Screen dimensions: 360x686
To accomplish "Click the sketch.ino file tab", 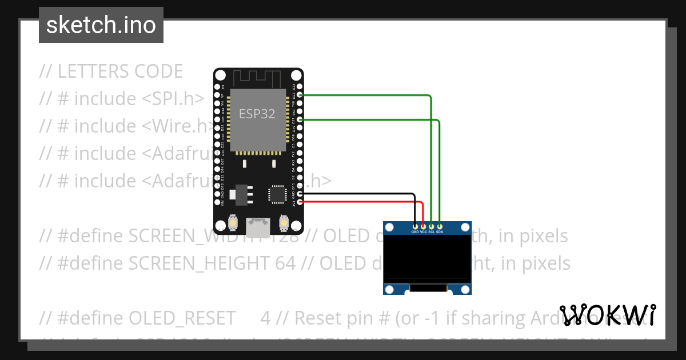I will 101,25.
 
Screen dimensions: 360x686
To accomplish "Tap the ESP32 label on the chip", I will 257,114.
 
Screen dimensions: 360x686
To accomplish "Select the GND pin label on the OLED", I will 415,232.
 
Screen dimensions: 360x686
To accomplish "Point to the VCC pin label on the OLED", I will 424,232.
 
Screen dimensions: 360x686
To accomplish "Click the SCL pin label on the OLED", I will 432,232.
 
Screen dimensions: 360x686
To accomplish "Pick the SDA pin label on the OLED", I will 440,232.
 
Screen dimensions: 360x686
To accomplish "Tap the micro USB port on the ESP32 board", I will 258,227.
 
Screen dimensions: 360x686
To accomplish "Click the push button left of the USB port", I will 233,222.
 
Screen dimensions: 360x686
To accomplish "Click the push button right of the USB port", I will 283,222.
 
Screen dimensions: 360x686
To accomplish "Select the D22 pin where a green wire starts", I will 300,95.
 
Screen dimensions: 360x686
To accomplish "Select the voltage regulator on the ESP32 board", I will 240,194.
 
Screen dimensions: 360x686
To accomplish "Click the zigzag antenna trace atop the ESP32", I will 258,77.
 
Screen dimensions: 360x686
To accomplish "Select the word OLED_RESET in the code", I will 182,318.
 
